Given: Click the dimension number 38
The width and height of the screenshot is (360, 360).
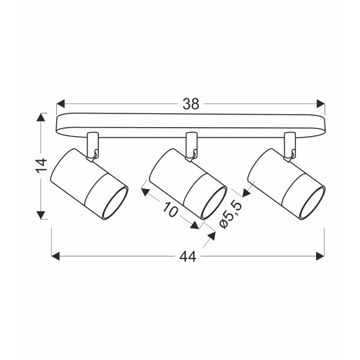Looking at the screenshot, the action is tap(191, 104).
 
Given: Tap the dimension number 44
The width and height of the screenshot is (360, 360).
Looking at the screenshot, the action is tap(188, 256).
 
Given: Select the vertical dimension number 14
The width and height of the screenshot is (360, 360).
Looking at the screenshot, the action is tap(41, 164).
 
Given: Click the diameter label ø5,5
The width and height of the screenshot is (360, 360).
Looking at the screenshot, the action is tap(231, 214).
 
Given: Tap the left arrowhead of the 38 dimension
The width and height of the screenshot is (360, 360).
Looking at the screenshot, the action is tap(61, 104).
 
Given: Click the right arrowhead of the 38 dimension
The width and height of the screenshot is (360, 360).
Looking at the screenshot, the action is tap(321, 104).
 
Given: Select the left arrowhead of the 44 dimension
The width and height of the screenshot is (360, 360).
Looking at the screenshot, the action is tap(56, 256).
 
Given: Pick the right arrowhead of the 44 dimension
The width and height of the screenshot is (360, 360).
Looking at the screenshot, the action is tap(320, 256).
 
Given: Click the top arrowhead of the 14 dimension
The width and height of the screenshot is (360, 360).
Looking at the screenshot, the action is tap(41, 117).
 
